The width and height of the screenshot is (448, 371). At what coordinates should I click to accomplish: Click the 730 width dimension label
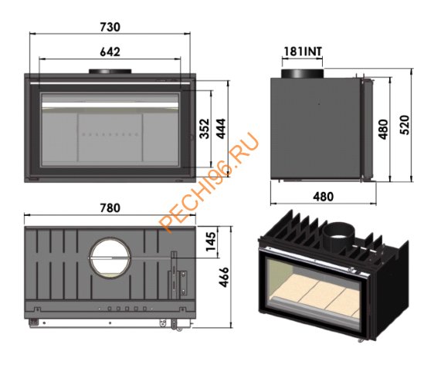click(110, 27)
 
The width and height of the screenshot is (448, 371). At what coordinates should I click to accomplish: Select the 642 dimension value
click(110, 52)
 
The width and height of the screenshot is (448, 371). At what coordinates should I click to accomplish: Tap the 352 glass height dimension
click(205, 128)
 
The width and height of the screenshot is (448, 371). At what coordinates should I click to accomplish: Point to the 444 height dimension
click(221, 128)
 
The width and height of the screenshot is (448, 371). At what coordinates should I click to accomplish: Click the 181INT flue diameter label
click(303, 52)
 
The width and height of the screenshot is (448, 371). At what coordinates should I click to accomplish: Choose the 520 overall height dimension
click(405, 125)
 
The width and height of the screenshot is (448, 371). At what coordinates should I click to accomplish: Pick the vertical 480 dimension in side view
click(383, 130)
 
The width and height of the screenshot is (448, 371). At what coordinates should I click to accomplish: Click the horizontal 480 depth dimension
click(323, 197)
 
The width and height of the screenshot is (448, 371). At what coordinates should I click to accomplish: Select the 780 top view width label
click(110, 207)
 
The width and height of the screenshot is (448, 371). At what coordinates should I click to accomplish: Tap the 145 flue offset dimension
click(212, 241)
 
